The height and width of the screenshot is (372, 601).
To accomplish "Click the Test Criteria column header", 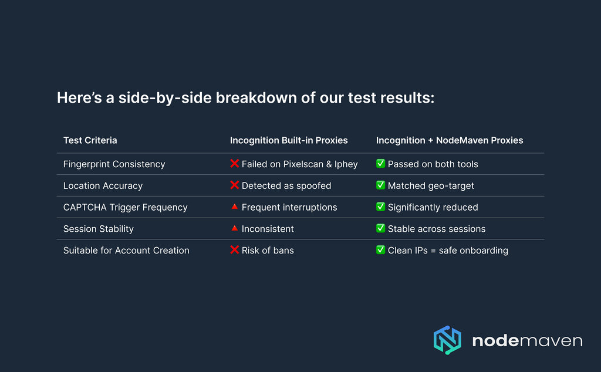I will pyautogui.click(x=90, y=140).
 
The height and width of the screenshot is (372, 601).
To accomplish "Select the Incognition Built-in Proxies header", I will pyautogui.click(x=289, y=140).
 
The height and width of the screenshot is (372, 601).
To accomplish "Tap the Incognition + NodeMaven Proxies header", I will pyautogui.click(x=450, y=140).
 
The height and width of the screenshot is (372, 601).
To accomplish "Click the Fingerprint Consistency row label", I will pyautogui.click(x=114, y=164).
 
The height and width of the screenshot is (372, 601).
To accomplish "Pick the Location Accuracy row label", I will pyautogui.click(x=103, y=186).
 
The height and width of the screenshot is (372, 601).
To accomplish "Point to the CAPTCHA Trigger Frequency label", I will pyautogui.click(x=125, y=207).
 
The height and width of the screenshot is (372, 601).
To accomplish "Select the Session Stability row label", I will pyautogui.click(x=98, y=229).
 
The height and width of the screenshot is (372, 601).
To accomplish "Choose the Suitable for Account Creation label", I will pyautogui.click(x=126, y=251).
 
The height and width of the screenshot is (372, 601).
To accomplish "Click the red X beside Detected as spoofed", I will pyautogui.click(x=235, y=185).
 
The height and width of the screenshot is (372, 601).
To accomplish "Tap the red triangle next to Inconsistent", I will pyautogui.click(x=235, y=228).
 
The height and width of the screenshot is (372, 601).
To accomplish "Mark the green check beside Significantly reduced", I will pyautogui.click(x=380, y=207).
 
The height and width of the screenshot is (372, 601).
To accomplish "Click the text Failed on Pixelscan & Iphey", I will pyautogui.click(x=299, y=164).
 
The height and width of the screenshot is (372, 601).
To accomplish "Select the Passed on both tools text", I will pyautogui.click(x=433, y=164).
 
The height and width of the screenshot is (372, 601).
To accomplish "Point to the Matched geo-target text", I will pyautogui.click(x=431, y=186).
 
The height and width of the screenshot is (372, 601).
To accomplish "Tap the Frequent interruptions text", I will pyautogui.click(x=289, y=207).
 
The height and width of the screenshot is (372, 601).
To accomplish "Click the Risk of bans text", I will pyautogui.click(x=268, y=251).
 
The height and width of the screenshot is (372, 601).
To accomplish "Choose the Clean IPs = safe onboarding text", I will pyautogui.click(x=448, y=251).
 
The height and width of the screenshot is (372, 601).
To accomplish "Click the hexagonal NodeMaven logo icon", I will pyautogui.click(x=447, y=340).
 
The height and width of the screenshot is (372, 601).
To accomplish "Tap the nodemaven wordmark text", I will pyautogui.click(x=527, y=341).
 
